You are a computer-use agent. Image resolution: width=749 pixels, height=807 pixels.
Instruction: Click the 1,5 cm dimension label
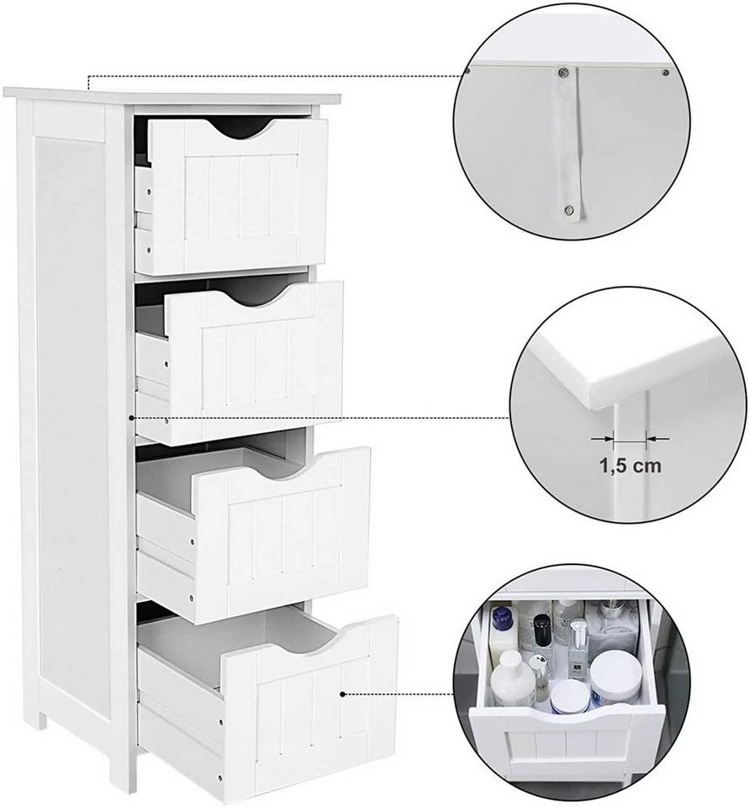click(x=629, y=466)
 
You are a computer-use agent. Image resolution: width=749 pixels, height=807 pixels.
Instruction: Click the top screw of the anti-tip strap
click(x=566, y=72)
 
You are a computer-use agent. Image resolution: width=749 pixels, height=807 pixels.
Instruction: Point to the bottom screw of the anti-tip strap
click(x=569, y=209)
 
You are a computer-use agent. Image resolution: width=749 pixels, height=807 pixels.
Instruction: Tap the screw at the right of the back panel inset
click(x=665, y=72)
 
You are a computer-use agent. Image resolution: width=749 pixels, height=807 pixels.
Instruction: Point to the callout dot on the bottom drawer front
click(x=343, y=694)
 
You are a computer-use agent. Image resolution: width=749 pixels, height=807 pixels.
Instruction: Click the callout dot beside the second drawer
click(x=133, y=416)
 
